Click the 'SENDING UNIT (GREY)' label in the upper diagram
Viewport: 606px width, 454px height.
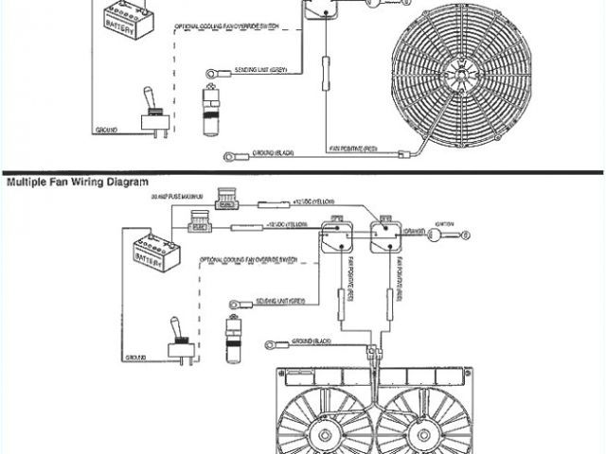(266, 70)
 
